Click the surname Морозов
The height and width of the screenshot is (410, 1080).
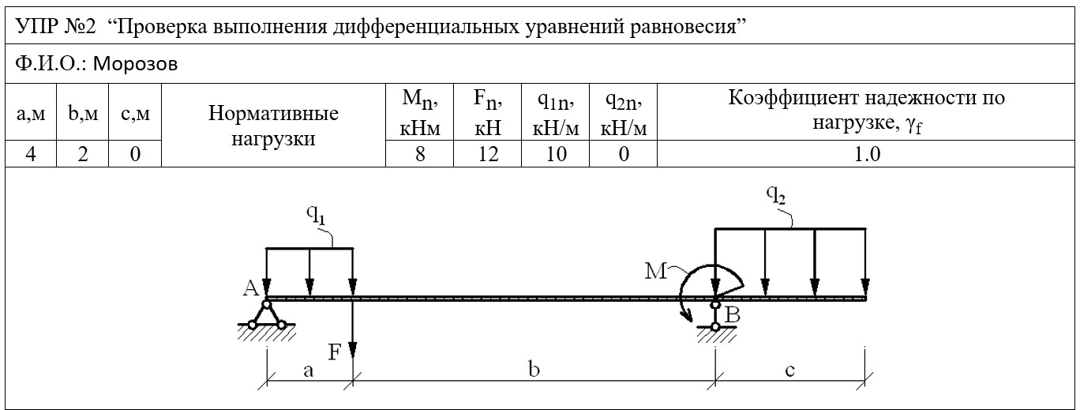pyautogui.click(x=135, y=64)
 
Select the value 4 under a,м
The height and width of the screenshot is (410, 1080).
pyautogui.click(x=31, y=154)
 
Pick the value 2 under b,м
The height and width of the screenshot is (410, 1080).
pyautogui.click(x=83, y=154)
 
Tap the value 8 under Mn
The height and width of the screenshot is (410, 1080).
pyautogui.click(x=420, y=154)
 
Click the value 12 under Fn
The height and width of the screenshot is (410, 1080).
pyautogui.click(x=488, y=154)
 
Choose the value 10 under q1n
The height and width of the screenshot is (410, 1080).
pyautogui.click(x=556, y=154)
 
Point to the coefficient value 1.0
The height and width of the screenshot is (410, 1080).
pyautogui.click(x=867, y=154)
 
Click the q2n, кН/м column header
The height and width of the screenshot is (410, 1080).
pyautogui.click(x=624, y=114)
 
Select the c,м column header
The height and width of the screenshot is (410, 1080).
pyautogui.click(x=136, y=114)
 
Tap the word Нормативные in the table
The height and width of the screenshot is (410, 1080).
pyautogui.click(x=273, y=114)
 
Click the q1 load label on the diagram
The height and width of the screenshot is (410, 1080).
pyautogui.click(x=317, y=215)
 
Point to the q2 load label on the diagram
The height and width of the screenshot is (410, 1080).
pyautogui.click(x=776, y=195)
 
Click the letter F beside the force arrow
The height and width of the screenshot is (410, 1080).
pyautogui.click(x=334, y=352)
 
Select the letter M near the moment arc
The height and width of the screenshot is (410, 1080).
pyautogui.click(x=656, y=272)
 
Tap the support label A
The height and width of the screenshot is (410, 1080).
pyautogui.click(x=251, y=288)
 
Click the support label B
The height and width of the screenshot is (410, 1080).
pyautogui.click(x=733, y=315)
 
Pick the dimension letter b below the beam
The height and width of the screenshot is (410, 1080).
pyautogui.click(x=534, y=370)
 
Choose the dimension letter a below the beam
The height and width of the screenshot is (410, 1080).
pyautogui.click(x=309, y=371)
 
